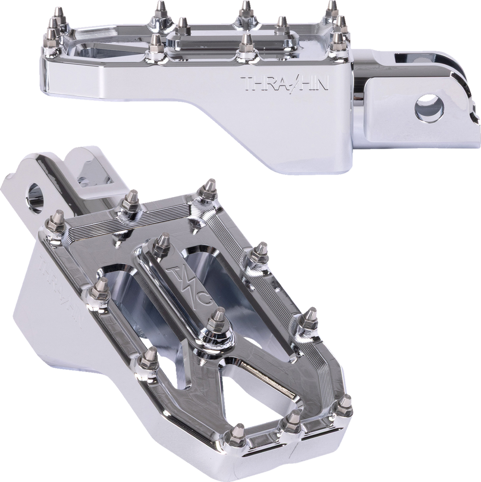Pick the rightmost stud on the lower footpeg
344,405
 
